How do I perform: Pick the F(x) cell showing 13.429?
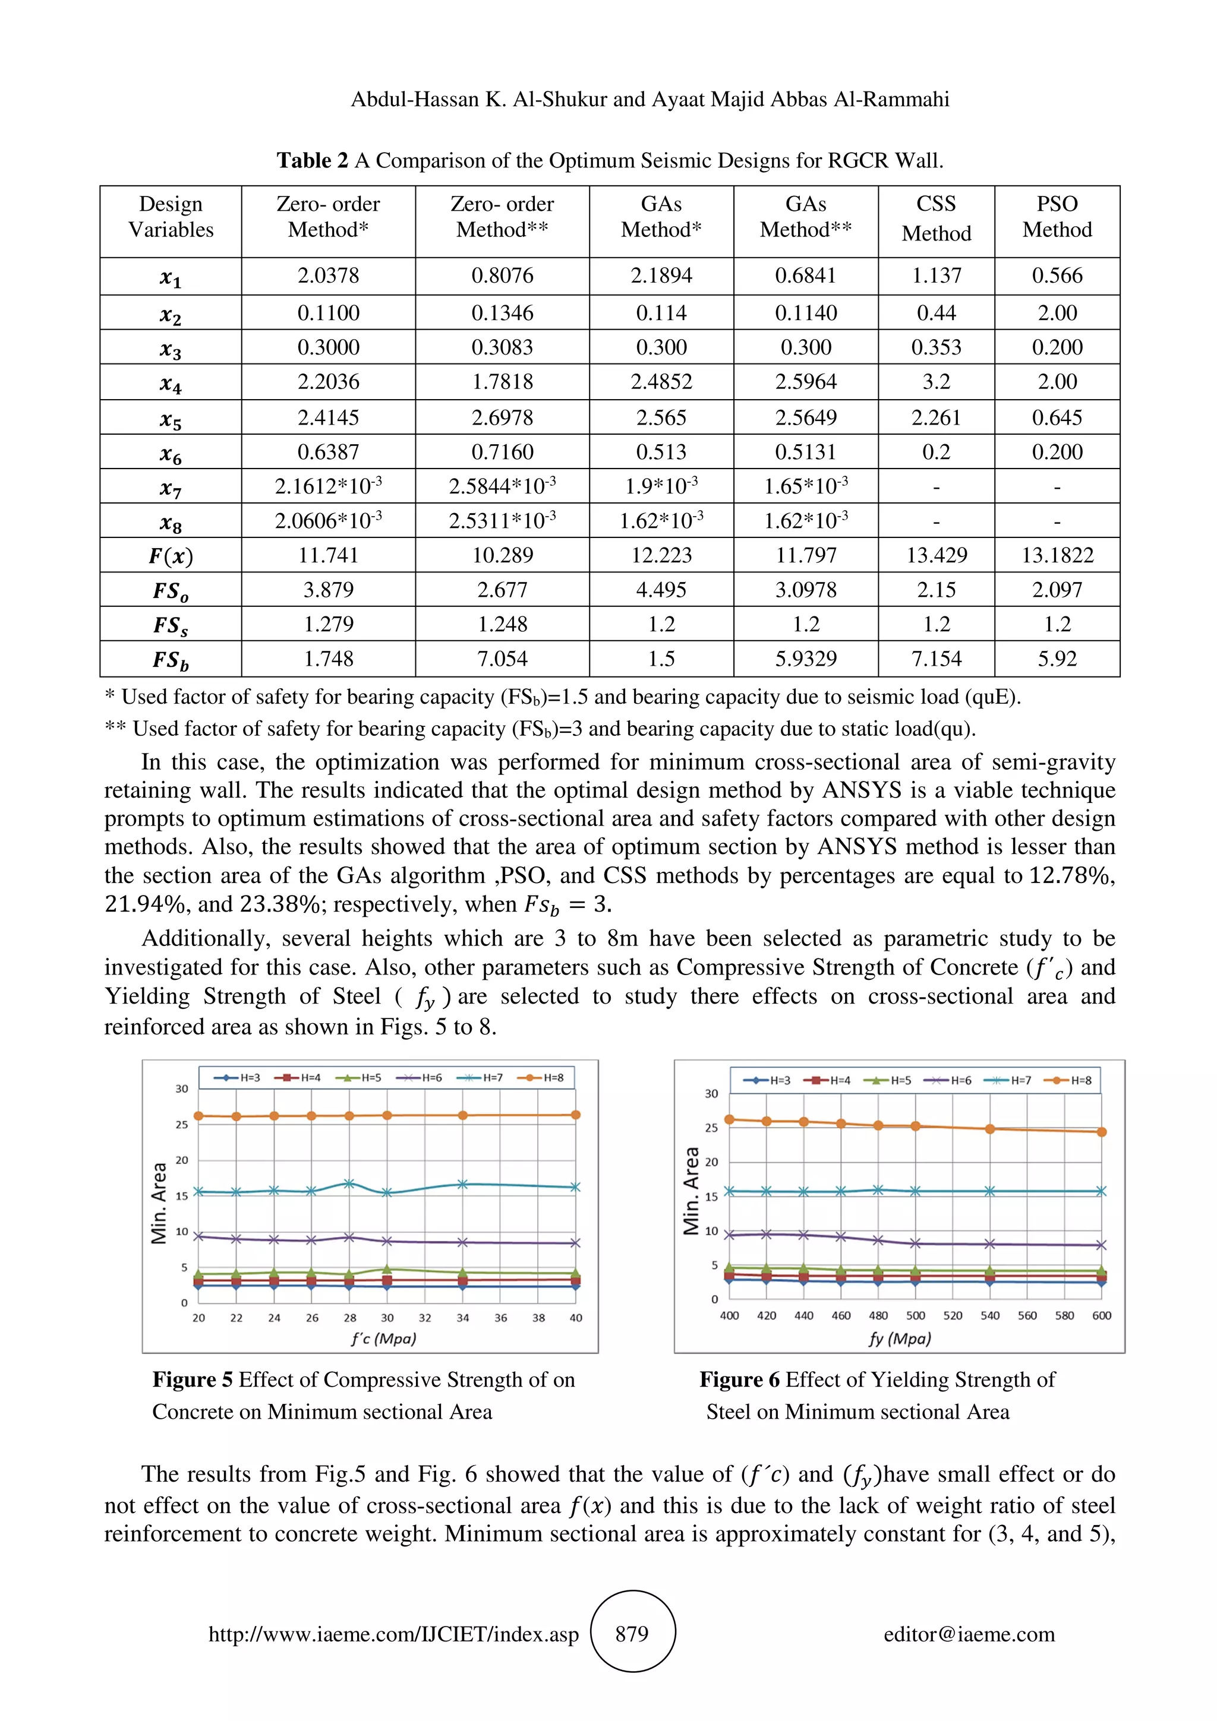(x=936, y=555)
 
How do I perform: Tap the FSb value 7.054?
(x=502, y=659)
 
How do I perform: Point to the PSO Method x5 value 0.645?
(x=1057, y=417)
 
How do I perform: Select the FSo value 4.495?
(x=661, y=590)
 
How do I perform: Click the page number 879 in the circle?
(x=632, y=1634)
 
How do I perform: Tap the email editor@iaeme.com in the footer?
(x=969, y=1634)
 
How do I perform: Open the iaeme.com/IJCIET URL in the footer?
(x=393, y=1635)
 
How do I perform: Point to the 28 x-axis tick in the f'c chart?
(x=349, y=1318)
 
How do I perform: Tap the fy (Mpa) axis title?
(x=900, y=1339)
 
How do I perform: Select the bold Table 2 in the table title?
(x=312, y=160)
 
